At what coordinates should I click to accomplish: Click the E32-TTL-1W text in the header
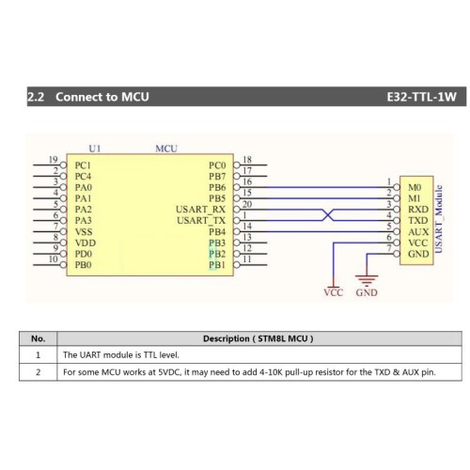(421, 97)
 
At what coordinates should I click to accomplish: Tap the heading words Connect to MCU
(102, 97)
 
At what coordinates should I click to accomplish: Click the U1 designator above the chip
(95, 149)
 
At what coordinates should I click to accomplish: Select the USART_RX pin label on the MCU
(200, 210)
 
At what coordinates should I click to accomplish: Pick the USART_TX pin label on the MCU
(201, 221)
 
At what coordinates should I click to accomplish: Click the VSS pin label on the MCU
(84, 232)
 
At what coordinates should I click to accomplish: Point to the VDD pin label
(86, 243)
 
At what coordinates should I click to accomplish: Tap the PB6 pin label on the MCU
(217, 187)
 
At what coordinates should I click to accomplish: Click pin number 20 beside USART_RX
(247, 204)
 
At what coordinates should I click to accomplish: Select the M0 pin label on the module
(415, 187)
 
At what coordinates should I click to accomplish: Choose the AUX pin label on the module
(418, 232)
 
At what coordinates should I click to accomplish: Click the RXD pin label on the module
(418, 210)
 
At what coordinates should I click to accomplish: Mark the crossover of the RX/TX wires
(327, 215)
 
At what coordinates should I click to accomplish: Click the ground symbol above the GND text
(367, 279)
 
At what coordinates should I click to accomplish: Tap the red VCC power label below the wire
(334, 292)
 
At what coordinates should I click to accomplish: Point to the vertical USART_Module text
(439, 219)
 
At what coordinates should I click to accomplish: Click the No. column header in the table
(39, 338)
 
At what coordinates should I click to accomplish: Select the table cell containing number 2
(39, 372)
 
